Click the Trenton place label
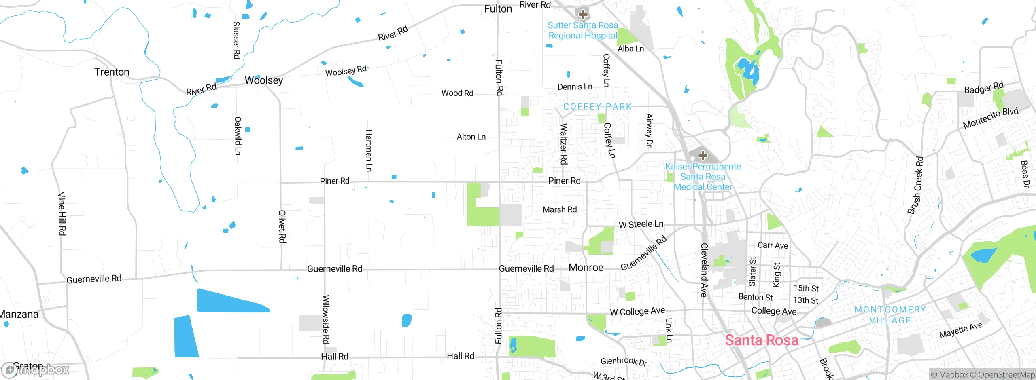click(112, 72)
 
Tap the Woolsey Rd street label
click(346, 71)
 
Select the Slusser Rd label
click(237, 40)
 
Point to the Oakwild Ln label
click(238, 136)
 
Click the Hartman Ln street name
click(369, 150)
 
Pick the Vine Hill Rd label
click(62, 213)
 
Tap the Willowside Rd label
click(326, 319)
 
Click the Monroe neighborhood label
click(586, 268)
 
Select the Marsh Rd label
click(560, 209)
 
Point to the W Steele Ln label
click(641, 224)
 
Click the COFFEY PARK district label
click(597, 107)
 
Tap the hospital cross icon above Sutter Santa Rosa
click(583, 15)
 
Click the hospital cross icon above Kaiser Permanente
click(703, 156)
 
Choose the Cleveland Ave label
click(704, 270)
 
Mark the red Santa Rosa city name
click(762, 340)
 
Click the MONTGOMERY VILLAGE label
click(890, 315)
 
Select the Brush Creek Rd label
click(916, 185)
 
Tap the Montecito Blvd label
click(990, 118)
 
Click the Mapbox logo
click(36, 369)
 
